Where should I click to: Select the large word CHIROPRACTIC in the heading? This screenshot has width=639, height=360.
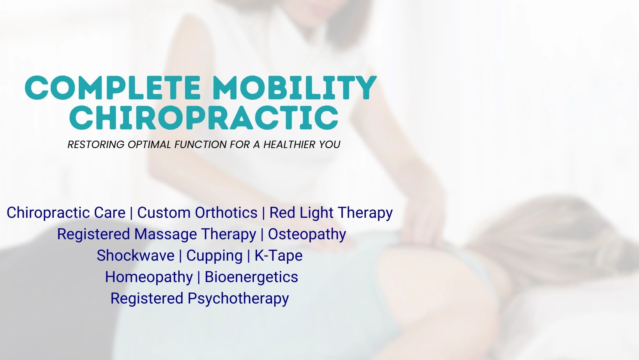click(x=204, y=118)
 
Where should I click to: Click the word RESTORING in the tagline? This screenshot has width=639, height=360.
click(x=96, y=145)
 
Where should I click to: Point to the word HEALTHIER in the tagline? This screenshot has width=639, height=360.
click(x=289, y=145)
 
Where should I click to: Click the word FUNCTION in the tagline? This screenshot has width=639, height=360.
click(x=201, y=145)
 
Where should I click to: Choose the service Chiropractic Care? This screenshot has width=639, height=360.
click(x=66, y=213)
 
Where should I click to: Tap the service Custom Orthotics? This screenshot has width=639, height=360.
click(x=198, y=213)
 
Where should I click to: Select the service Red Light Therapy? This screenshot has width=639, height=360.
click(x=331, y=213)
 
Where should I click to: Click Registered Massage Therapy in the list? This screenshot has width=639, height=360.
click(x=157, y=235)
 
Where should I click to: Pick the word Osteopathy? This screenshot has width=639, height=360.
click(x=307, y=235)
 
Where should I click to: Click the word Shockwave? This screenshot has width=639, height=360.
click(x=136, y=255)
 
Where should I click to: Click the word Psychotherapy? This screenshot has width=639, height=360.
click(x=238, y=299)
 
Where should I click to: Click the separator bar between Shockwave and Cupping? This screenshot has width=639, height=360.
click(x=180, y=256)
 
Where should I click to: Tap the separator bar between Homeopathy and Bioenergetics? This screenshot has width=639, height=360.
click(x=199, y=277)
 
